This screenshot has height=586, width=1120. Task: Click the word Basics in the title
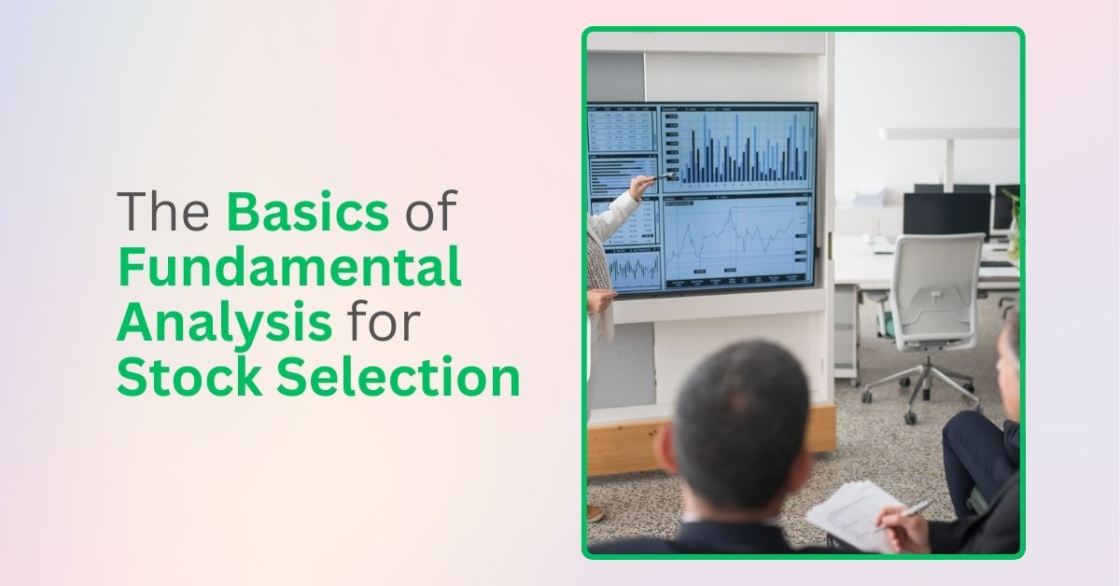307,213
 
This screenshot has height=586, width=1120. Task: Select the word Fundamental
289,268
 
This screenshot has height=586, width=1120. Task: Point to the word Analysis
225,324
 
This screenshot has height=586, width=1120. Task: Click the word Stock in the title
176,379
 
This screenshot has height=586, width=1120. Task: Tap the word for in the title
385,324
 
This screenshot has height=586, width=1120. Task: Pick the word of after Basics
430,213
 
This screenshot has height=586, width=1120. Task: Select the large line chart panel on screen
737,242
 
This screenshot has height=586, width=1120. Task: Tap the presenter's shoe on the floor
595,513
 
